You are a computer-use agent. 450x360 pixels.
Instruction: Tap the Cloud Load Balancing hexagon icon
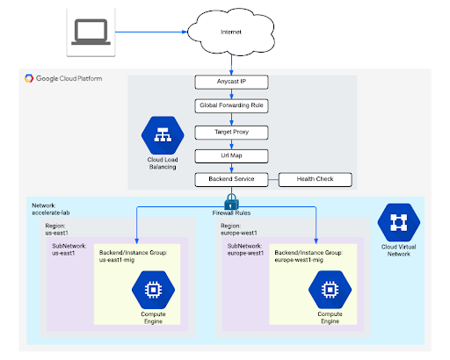(160, 135)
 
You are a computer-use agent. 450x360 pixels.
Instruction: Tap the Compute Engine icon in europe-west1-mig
(330, 289)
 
